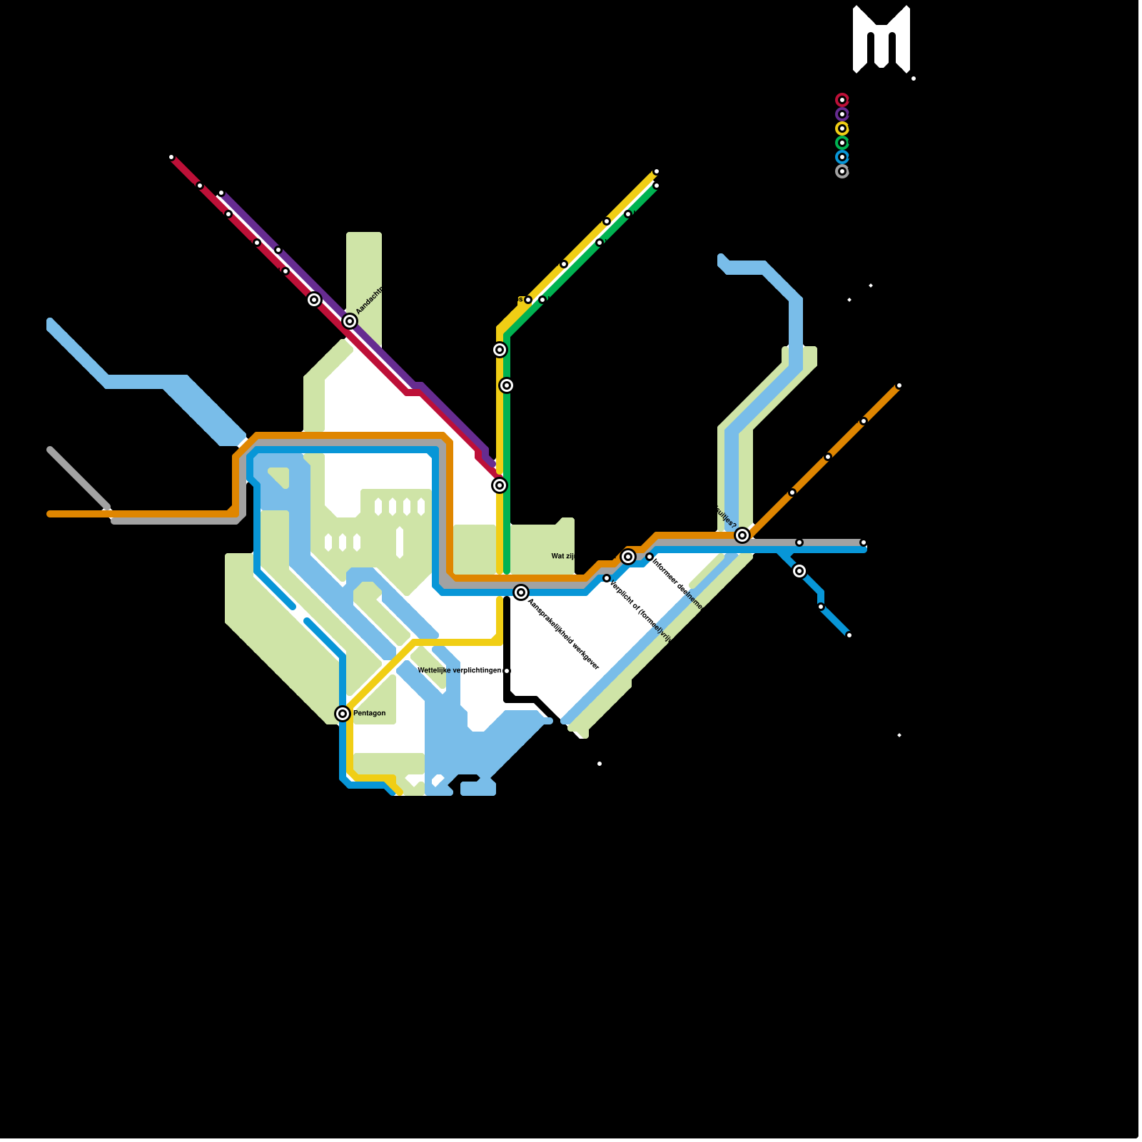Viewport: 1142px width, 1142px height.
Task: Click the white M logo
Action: click(881, 39)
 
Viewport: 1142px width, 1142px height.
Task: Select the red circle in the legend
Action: click(842, 100)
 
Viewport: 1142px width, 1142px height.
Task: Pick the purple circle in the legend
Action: click(842, 114)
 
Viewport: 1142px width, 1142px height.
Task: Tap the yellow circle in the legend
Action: click(842, 128)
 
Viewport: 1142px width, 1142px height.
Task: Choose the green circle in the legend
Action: click(842, 143)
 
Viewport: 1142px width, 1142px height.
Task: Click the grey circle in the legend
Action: click(842, 171)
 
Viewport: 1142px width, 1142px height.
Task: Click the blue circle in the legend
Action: click(842, 157)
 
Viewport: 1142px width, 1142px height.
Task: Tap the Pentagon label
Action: click(369, 713)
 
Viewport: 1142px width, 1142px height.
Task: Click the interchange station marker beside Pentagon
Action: click(343, 714)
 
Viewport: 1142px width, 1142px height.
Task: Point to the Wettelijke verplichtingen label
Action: click(459, 671)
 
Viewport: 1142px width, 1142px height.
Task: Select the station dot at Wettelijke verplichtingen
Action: click(507, 671)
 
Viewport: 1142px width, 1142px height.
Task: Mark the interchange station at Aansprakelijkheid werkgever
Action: click(521, 592)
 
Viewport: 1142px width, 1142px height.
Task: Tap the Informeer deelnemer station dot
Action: click(650, 557)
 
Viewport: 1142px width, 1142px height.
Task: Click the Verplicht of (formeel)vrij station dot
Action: click(607, 578)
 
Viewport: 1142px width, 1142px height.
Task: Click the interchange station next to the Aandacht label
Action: click(349, 321)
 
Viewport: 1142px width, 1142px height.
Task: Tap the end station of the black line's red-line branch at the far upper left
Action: click(171, 157)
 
